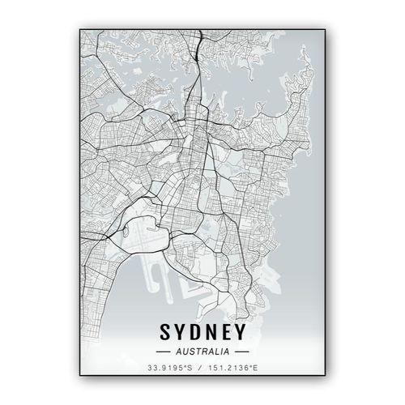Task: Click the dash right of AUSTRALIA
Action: [x=241, y=352]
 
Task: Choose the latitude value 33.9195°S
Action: [x=168, y=371]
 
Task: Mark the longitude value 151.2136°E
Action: [x=232, y=371]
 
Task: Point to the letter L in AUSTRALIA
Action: [x=215, y=352]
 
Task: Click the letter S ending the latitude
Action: [x=189, y=371]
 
